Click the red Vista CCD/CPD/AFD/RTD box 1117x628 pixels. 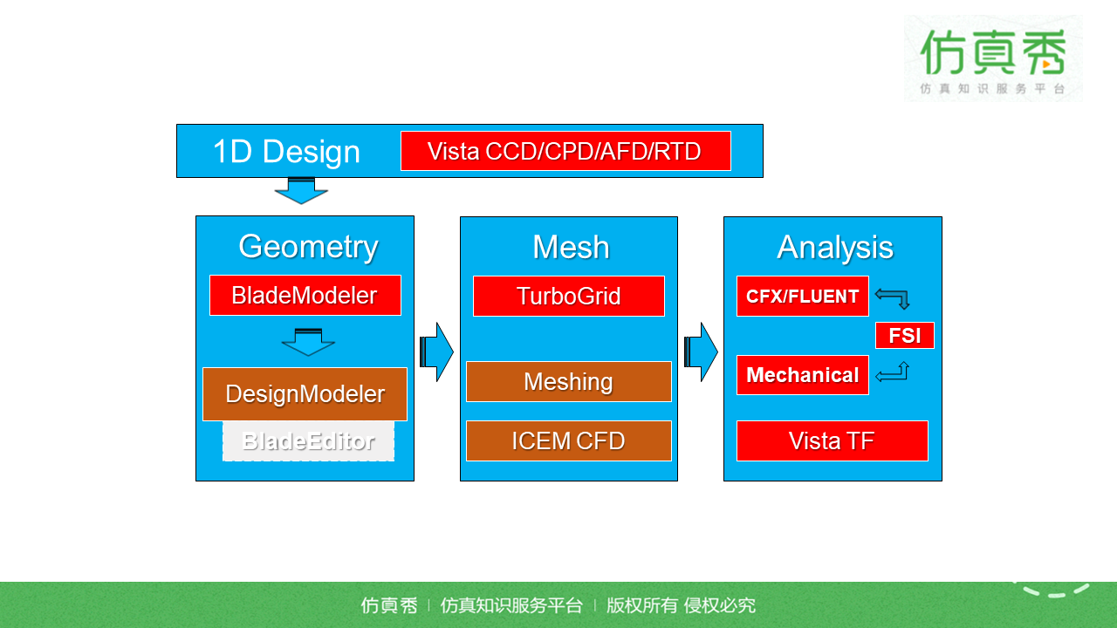(x=565, y=151)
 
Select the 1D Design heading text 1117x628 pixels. (x=286, y=152)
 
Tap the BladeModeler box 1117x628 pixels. (x=305, y=295)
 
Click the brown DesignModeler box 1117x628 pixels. (x=305, y=393)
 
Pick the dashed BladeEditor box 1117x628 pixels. (x=308, y=441)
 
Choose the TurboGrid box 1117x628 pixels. (x=568, y=296)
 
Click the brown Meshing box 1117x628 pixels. (x=568, y=381)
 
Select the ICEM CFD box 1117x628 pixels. (x=568, y=440)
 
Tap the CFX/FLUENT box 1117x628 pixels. (x=802, y=296)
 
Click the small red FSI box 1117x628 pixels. (x=904, y=335)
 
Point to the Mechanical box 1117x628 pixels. (x=802, y=375)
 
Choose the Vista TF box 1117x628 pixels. (x=832, y=440)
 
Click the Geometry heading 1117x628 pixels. (x=308, y=247)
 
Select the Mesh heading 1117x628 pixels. (x=571, y=248)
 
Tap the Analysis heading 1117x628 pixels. (x=835, y=248)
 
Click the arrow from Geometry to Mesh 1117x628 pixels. (x=436, y=352)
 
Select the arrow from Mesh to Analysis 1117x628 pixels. (x=701, y=352)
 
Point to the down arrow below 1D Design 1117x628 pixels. (x=301, y=190)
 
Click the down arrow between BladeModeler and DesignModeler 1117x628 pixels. (x=308, y=341)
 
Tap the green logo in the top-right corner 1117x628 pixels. (x=993, y=58)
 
